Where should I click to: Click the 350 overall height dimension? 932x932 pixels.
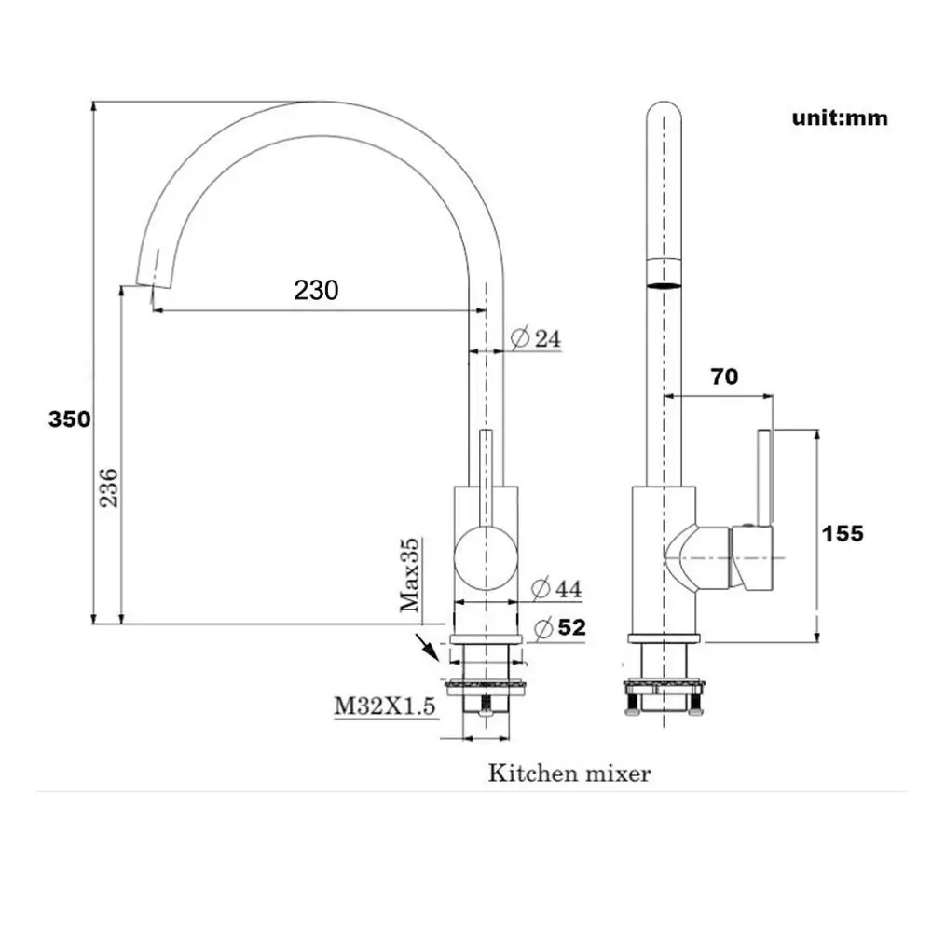(x=70, y=419)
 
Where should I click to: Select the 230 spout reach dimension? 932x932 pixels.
(x=316, y=290)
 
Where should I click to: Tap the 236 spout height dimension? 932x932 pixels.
(x=109, y=488)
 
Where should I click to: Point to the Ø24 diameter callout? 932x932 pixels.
(x=536, y=338)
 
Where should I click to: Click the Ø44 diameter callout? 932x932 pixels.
(x=556, y=588)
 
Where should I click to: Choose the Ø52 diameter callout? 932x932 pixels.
(x=560, y=627)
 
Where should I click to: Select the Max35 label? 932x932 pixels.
(x=409, y=575)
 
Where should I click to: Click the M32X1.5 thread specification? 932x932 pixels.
(x=385, y=706)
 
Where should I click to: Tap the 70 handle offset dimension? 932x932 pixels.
(x=724, y=377)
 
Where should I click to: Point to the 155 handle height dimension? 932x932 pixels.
(x=843, y=533)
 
